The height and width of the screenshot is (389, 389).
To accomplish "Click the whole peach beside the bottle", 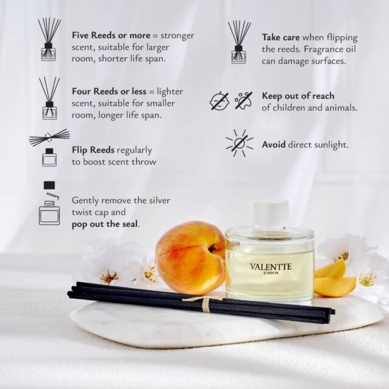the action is pyautogui.click(x=190, y=258).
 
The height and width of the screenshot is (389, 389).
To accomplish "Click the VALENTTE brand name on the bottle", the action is pyautogui.click(x=271, y=266).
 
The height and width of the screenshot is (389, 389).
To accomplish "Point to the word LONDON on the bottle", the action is pyautogui.click(x=271, y=273).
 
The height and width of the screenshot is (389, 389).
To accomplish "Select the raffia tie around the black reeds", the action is pyautogui.click(x=205, y=303).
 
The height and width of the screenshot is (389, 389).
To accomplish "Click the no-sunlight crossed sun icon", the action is pyautogui.click(x=240, y=143).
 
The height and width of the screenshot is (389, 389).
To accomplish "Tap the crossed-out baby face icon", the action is pyautogui.click(x=219, y=101).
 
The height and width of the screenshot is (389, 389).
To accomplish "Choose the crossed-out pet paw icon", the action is pyautogui.click(x=244, y=101).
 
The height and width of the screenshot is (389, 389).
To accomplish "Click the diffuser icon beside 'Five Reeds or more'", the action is pyautogui.click(x=49, y=39).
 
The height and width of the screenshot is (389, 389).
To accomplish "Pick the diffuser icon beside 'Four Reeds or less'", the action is pyautogui.click(x=49, y=98).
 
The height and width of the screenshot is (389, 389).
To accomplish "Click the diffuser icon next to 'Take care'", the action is pyautogui.click(x=239, y=42).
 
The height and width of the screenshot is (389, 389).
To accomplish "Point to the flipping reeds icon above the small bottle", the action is pyautogui.click(x=49, y=137).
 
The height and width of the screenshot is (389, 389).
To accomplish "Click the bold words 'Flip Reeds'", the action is pyautogui.click(x=93, y=150).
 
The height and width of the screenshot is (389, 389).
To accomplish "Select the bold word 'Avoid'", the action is pyautogui.click(x=274, y=145).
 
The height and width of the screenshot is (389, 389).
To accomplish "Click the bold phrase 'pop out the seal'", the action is pyautogui.click(x=105, y=224).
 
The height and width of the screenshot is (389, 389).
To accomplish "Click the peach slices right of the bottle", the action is pyautogui.click(x=334, y=279).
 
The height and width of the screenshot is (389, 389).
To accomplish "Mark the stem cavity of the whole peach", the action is pyautogui.click(x=212, y=248).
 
